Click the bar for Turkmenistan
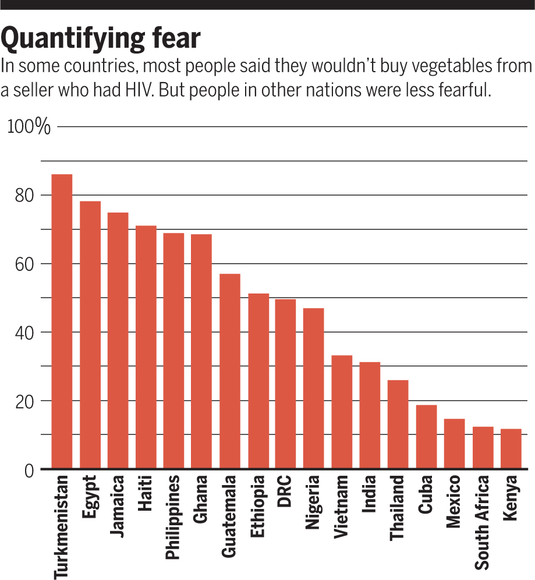coord(62,321)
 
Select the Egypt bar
coord(90,335)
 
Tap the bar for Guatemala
coord(230,371)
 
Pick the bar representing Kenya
coord(511,449)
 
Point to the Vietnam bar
coord(342,412)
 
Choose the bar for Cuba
coord(426,437)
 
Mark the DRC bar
coord(285,384)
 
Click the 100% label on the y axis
coord(29,126)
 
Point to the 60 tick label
coord(24,264)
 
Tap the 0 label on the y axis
coord(29,471)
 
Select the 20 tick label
coord(24,402)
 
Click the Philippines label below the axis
coord(172,517)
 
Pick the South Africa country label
coord(482,523)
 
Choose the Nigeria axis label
coord(312,503)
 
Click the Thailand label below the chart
coord(396,508)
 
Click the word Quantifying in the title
coord(73,38)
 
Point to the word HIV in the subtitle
coord(139,90)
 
